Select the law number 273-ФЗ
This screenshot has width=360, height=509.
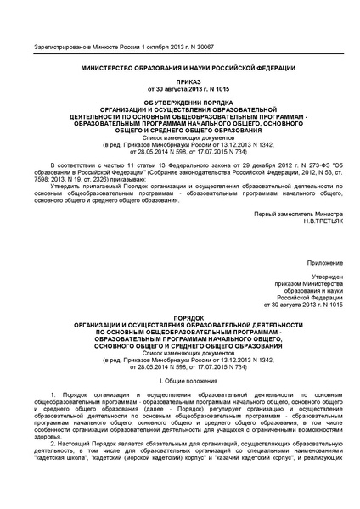point(299,160)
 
